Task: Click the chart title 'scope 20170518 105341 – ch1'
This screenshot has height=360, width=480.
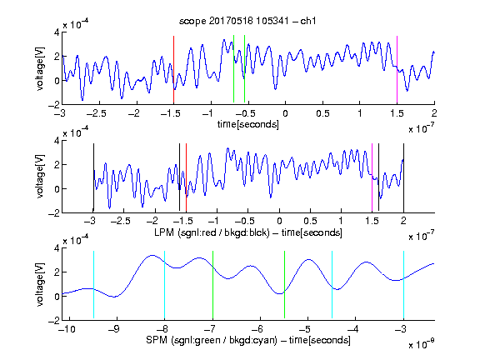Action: (247, 21)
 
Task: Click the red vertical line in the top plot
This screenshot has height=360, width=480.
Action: (173, 69)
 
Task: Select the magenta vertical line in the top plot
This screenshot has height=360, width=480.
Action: (397, 69)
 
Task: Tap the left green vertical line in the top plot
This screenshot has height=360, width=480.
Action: (233, 69)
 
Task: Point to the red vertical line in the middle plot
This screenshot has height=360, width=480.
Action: (186, 177)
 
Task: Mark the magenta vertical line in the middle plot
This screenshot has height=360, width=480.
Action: (372, 177)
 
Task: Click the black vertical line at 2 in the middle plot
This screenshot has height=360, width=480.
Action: (403, 177)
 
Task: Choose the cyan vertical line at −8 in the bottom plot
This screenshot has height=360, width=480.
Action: (164, 285)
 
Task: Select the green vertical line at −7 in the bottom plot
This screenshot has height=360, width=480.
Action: (212, 285)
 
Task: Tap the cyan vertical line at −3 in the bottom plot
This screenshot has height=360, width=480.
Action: (403, 285)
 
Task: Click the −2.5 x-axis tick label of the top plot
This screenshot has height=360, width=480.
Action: (97, 113)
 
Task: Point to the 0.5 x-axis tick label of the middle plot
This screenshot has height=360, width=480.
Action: (310, 221)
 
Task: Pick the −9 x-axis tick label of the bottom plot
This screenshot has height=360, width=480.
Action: (114, 329)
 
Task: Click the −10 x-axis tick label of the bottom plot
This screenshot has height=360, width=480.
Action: (67, 329)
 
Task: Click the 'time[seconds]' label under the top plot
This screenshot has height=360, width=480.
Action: (248, 124)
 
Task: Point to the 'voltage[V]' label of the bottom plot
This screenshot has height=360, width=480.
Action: (40, 284)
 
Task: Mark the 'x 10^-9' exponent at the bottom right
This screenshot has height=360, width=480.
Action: (422, 343)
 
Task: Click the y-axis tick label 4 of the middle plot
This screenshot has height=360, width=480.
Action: (57, 141)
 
